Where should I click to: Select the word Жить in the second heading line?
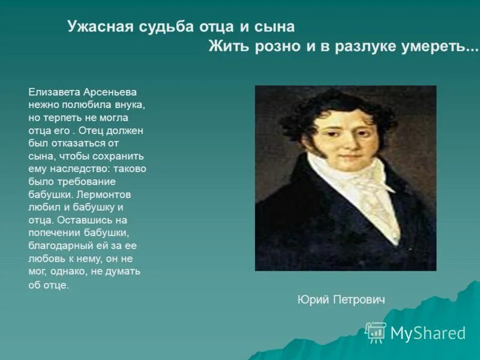[228, 47]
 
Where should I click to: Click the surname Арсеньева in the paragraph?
[110, 92]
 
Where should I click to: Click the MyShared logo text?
[428, 333]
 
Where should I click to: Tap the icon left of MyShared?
[376, 332]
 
